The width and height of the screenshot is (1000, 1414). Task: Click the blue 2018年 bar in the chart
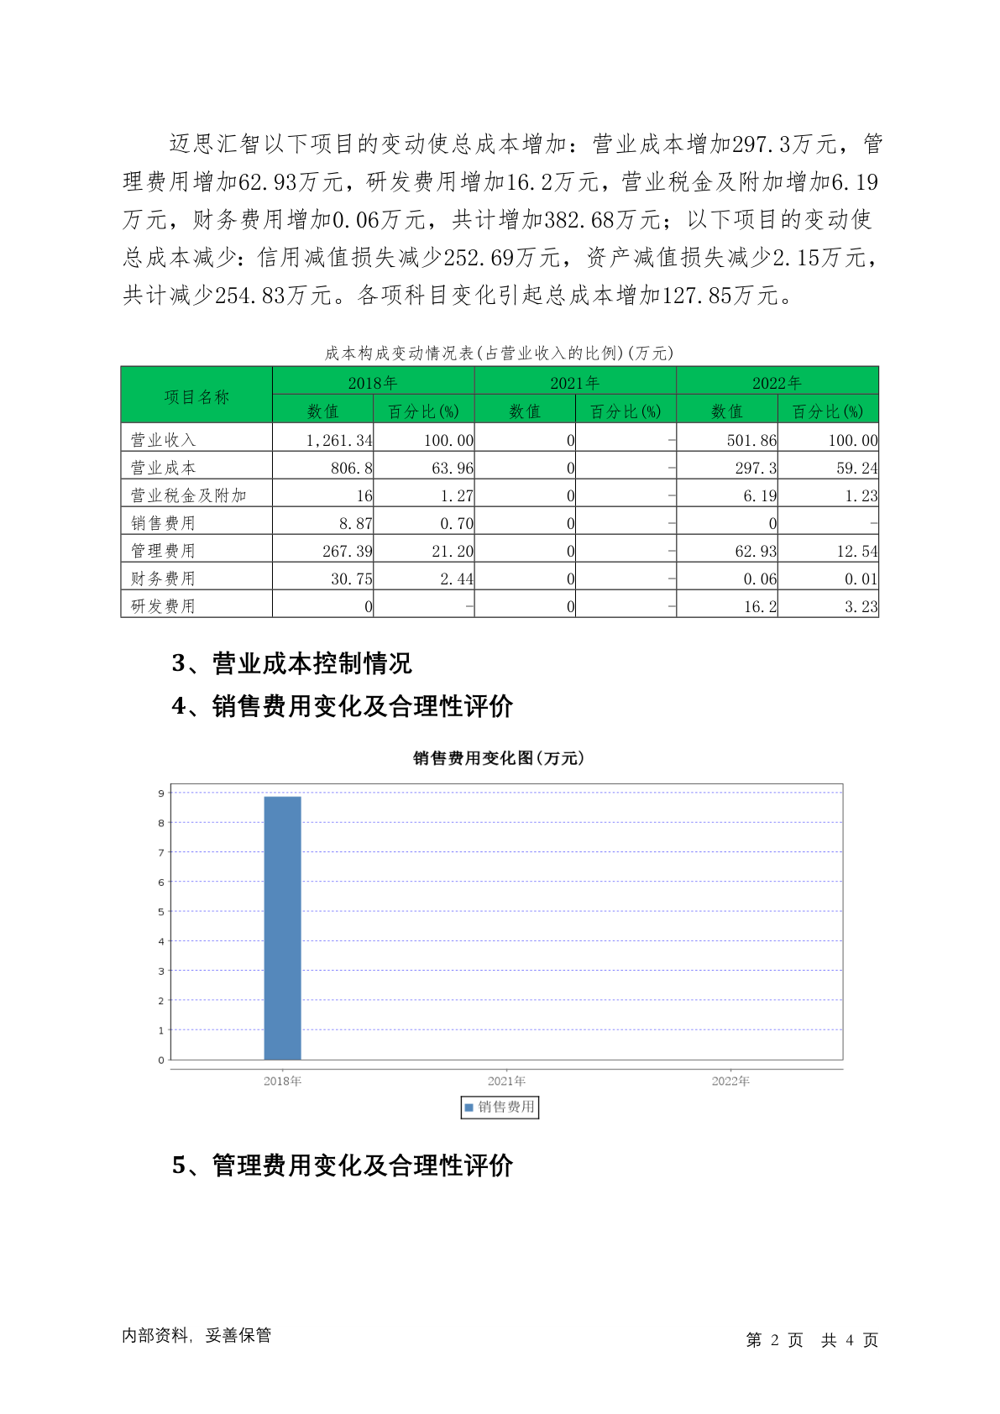(282, 927)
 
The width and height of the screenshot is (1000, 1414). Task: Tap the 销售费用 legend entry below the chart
(500, 1107)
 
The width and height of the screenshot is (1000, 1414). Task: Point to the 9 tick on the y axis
(161, 793)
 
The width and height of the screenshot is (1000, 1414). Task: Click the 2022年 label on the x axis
(730, 1081)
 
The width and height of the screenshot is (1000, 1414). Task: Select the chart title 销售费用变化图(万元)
(499, 758)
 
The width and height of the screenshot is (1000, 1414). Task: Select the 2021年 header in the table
(574, 383)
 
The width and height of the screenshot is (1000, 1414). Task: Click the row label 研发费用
(163, 606)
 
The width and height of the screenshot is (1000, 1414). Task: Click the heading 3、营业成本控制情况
(291, 663)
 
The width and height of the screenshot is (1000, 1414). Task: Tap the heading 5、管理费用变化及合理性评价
(342, 1165)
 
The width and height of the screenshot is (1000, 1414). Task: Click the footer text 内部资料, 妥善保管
(196, 1335)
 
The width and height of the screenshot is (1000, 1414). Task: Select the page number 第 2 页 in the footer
(774, 1340)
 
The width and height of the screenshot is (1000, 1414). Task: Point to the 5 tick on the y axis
(161, 912)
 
